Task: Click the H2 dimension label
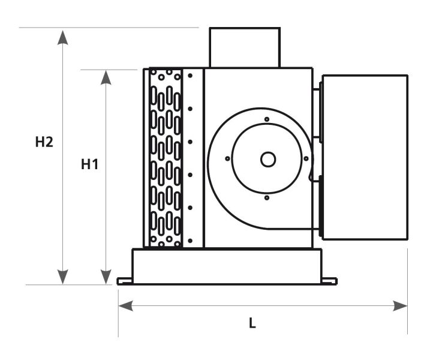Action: pyautogui.click(x=44, y=142)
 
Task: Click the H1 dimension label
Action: pyautogui.click(x=90, y=164)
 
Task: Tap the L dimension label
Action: pyautogui.click(x=252, y=323)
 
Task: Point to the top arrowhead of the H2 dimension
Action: pyautogui.click(x=62, y=36)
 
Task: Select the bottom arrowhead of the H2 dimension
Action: pyautogui.click(x=62, y=277)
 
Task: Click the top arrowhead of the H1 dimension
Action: pyautogui.click(x=106, y=78)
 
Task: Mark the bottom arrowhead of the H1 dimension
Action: pyautogui.click(x=106, y=277)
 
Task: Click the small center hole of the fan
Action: pyautogui.click(x=267, y=159)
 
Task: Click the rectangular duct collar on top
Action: pyautogui.click(x=245, y=47)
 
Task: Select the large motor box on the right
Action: pyautogui.click(x=365, y=157)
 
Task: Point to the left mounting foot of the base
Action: pyautogui.click(x=124, y=281)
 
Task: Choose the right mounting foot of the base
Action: pyautogui.click(x=329, y=281)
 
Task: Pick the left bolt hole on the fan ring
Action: pyautogui.click(x=228, y=159)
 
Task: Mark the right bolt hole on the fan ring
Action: pyautogui.click(x=306, y=159)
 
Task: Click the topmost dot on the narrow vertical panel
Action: pyautogui.click(x=190, y=76)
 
